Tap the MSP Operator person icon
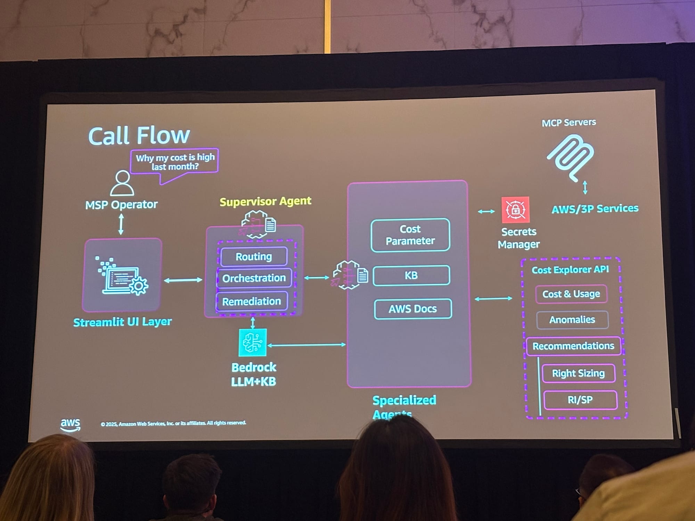tap(122, 183)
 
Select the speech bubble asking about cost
tap(175, 162)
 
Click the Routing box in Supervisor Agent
tap(254, 257)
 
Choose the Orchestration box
tap(254, 278)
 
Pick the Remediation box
tap(252, 301)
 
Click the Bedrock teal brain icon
tap(253, 342)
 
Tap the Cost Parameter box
tap(410, 235)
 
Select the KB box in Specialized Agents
tap(411, 275)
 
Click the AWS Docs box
tap(413, 308)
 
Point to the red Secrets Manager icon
tap(515, 210)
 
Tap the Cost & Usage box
tap(571, 294)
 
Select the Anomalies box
tap(572, 320)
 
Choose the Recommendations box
tap(573, 346)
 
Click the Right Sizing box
tap(579, 373)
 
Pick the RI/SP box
tap(580, 400)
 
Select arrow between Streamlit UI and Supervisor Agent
tap(183, 280)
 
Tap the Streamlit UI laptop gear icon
tap(122, 276)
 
